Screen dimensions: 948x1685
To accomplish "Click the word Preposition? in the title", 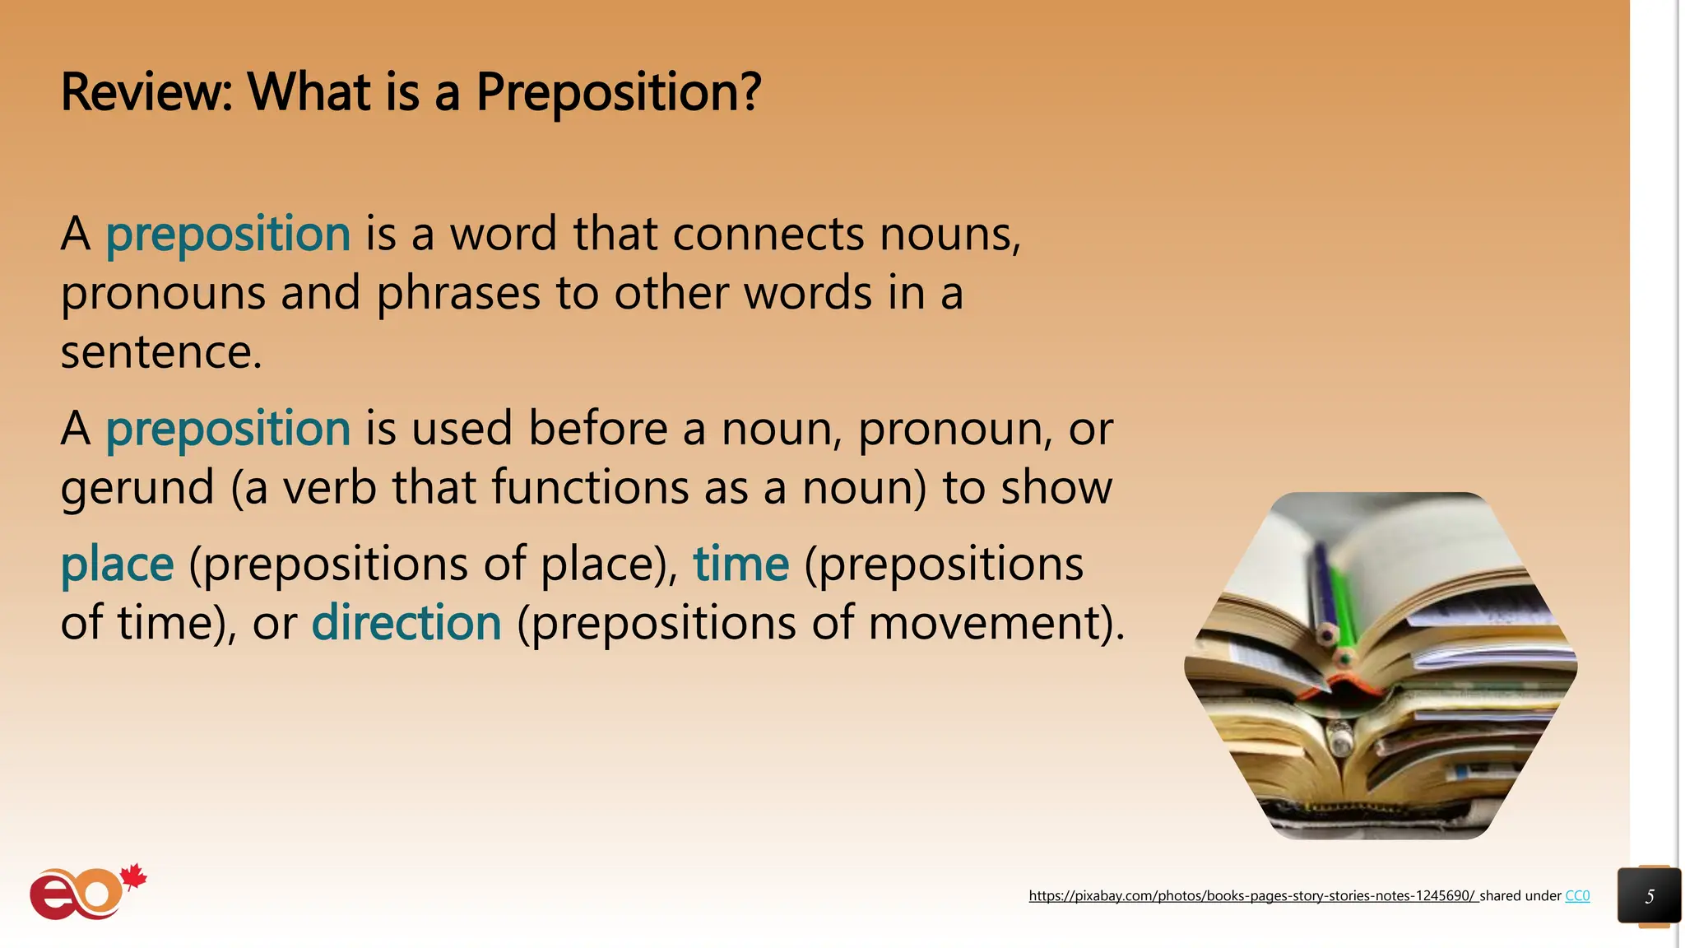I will tap(618, 93).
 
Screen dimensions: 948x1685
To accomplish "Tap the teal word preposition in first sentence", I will tap(228, 235).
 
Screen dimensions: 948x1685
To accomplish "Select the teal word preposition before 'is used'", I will tap(228, 430).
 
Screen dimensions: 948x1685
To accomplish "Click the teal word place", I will tap(117, 565).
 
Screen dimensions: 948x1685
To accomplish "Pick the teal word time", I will tap(740, 565).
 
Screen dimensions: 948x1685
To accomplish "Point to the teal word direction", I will tap(406, 623).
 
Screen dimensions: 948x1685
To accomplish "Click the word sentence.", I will tap(160, 353).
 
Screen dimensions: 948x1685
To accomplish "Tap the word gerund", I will tap(137, 488).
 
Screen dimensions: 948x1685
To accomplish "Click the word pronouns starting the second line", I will tap(163, 295).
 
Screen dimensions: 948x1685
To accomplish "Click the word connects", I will tap(768, 235).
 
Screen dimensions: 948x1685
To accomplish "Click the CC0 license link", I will tap(1576, 895).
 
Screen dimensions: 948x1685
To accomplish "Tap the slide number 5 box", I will tap(1649, 896).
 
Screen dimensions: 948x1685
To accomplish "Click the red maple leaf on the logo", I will tap(133, 877).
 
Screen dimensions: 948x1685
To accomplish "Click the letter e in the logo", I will tap(51, 899).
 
